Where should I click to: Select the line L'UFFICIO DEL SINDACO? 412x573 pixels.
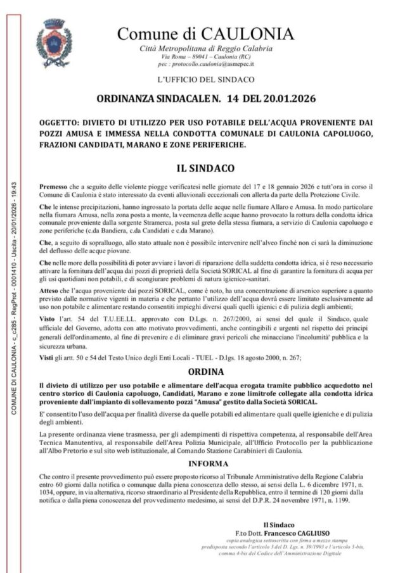point(206,80)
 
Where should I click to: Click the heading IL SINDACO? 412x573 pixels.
point(206,169)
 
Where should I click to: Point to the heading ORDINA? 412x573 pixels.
point(206,371)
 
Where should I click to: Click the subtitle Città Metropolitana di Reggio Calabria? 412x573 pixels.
point(206,49)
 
